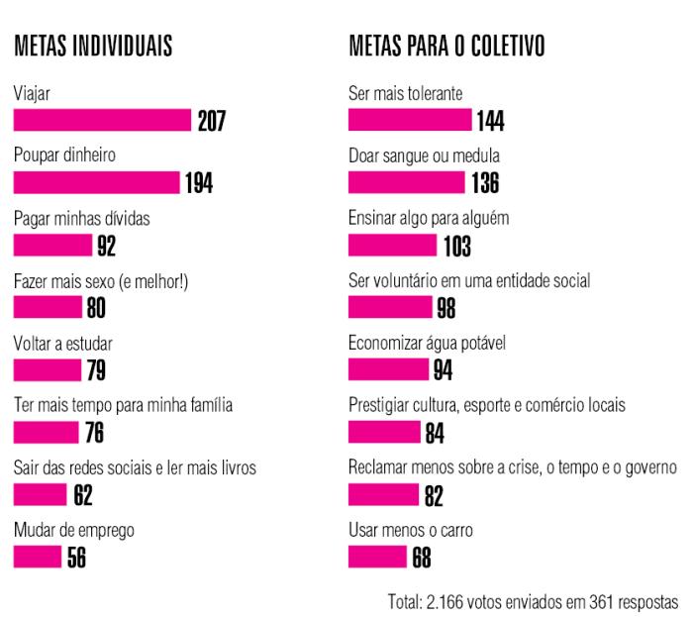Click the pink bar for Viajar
point(102,121)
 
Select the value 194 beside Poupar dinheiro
point(199,183)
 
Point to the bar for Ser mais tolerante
point(411,121)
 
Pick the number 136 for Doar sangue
point(485,183)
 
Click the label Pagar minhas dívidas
point(81,219)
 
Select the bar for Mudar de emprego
point(38,558)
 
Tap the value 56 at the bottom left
point(76,558)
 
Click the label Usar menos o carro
point(411,531)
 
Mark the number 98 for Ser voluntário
point(445,308)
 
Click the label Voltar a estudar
point(63,344)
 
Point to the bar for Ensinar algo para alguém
point(392,246)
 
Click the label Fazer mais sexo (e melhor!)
point(101,281)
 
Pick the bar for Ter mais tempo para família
point(46,433)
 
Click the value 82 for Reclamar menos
point(434,495)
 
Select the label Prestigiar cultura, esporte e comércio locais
point(486,406)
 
